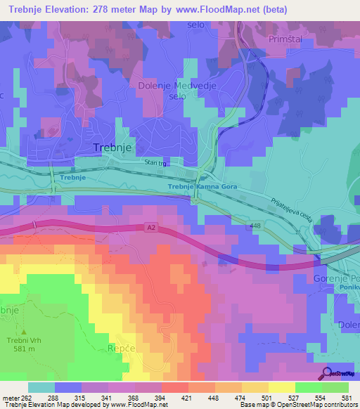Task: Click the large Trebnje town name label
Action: [113, 148]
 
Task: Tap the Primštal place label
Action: [286, 40]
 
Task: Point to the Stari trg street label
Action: [155, 164]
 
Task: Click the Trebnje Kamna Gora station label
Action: [202, 187]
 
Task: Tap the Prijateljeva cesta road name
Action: [290, 210]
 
